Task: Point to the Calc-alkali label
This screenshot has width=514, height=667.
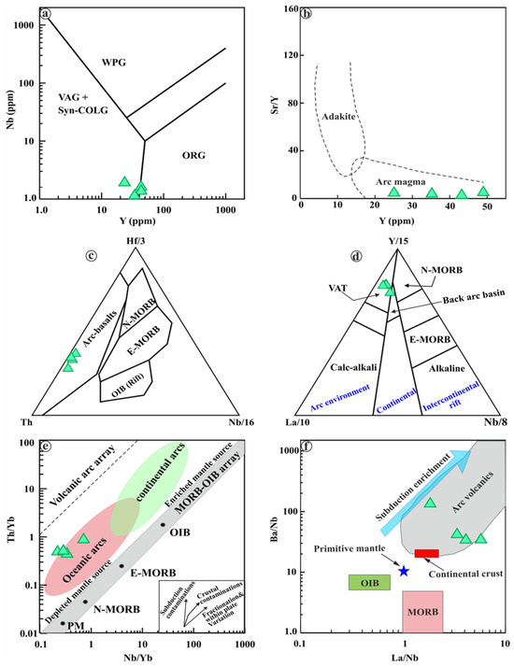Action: click(332, 368)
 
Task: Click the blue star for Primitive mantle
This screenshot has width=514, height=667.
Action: click(404, 571)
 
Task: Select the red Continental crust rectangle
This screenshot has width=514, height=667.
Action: click(427, 553)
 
